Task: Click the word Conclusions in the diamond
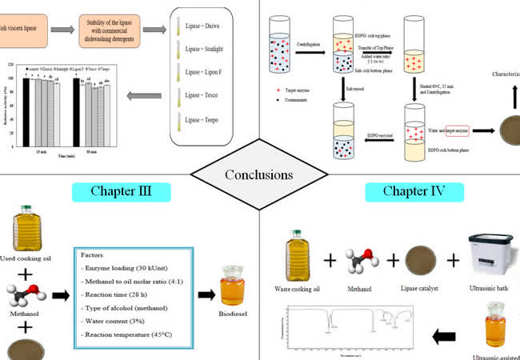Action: tap(259, 174)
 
